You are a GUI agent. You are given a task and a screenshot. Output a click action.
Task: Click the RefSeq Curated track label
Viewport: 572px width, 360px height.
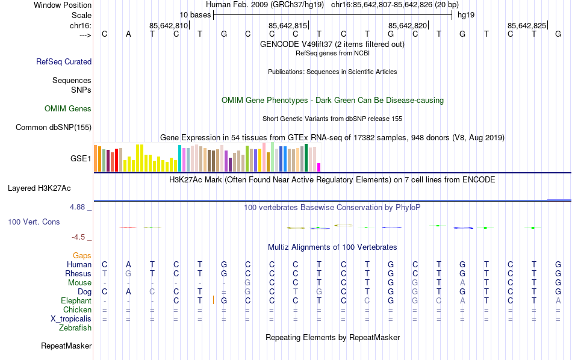[64, 61]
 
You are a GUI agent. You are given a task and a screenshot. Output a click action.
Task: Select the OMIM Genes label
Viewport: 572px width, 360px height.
[68, 109]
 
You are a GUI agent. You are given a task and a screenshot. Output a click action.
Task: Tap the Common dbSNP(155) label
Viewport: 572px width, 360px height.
[54, 127]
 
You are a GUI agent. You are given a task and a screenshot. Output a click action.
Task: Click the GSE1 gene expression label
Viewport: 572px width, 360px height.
[81, 159]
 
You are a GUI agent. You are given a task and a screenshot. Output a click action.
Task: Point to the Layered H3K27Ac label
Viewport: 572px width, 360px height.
[49, 188]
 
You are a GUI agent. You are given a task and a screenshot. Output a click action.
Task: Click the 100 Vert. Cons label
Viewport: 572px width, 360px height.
[34, 222]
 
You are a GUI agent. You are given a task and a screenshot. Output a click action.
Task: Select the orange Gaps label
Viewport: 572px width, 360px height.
[82, 256]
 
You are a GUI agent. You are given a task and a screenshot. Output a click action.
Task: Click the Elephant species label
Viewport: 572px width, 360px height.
[76, 300]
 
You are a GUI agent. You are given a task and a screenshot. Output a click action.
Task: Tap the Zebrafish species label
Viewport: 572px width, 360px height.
[75, 328]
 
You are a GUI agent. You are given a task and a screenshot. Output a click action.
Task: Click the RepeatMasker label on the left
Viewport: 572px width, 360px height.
[66, 346]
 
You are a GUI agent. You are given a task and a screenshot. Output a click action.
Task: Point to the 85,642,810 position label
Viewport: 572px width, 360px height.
[169, 26]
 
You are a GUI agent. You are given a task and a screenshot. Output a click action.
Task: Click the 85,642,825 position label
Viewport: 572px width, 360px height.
[527, 26]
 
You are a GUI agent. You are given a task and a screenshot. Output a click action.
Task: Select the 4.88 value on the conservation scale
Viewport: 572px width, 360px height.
[79, 207]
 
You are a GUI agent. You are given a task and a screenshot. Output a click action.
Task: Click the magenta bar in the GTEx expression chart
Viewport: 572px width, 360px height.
[319, 167]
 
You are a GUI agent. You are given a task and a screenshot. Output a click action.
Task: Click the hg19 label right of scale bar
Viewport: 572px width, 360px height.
[466, 14]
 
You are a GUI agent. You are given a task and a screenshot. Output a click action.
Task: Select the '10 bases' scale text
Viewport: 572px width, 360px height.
[194, 14]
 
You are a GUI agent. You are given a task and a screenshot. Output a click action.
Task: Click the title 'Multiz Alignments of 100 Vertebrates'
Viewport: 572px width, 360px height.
[332, 247]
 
